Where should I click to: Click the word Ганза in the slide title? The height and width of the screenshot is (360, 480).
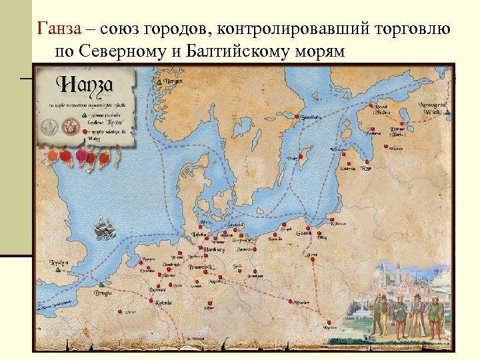click(59, 29)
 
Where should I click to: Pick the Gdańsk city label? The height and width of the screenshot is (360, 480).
click(305, 233)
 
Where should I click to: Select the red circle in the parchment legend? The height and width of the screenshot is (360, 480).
click(85, 133)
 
